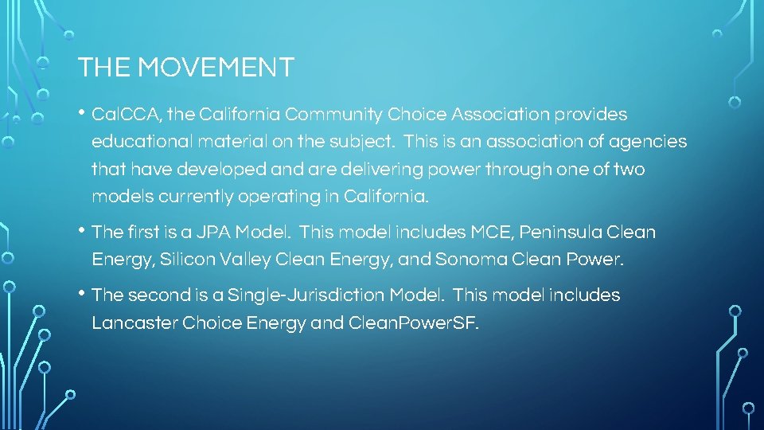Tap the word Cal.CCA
tap(125, 115)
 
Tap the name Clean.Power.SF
tap(414, 323)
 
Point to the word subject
tap(367, 143)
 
